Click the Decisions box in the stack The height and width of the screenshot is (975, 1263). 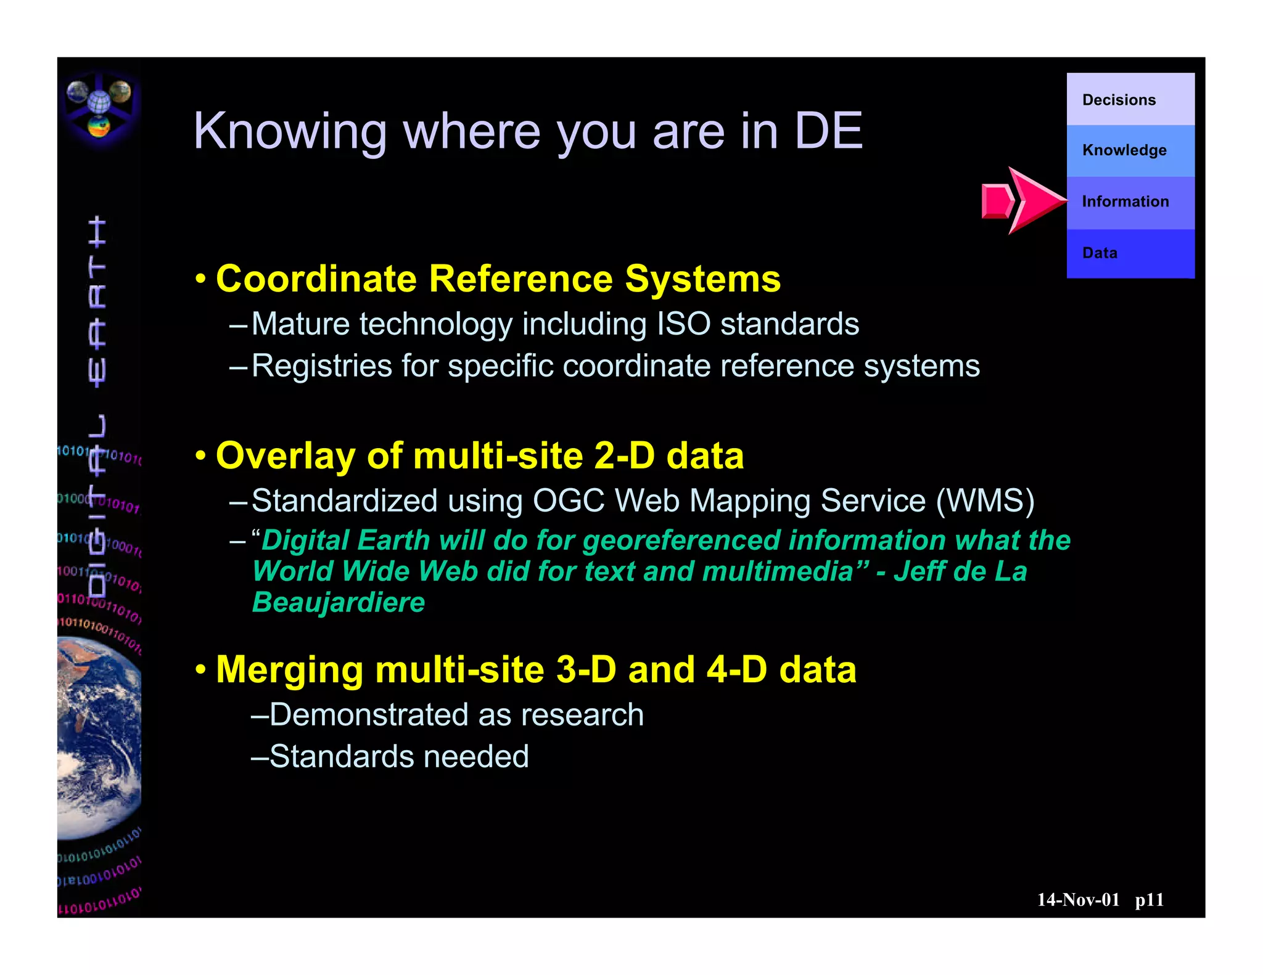tap(1130, 100)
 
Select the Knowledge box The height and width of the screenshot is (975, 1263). tap(1130, 150)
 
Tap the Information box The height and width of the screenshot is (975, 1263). tap(1130, 202)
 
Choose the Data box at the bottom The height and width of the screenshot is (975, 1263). tap(1130, 253)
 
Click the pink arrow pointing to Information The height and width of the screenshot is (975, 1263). tap(1024, 201)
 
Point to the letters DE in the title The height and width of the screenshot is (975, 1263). tap(828, 131)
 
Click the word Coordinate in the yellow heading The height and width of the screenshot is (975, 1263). tap(316, 279)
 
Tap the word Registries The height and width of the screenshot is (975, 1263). tap(321, 366)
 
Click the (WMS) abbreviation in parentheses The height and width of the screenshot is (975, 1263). tap(985, 500)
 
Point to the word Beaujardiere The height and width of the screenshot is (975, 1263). tap(339, 602)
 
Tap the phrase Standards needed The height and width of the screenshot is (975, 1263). tap(399, 757)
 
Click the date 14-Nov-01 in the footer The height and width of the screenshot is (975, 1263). tap(1077, 900)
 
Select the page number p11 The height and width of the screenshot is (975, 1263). tap(1149, 900)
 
